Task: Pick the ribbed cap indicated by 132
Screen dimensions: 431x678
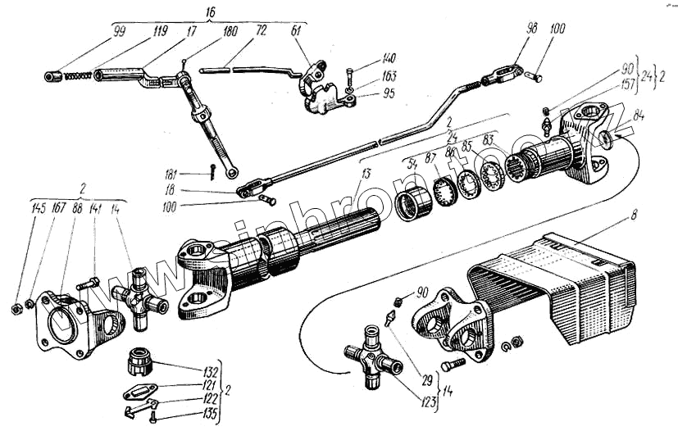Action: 139,361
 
